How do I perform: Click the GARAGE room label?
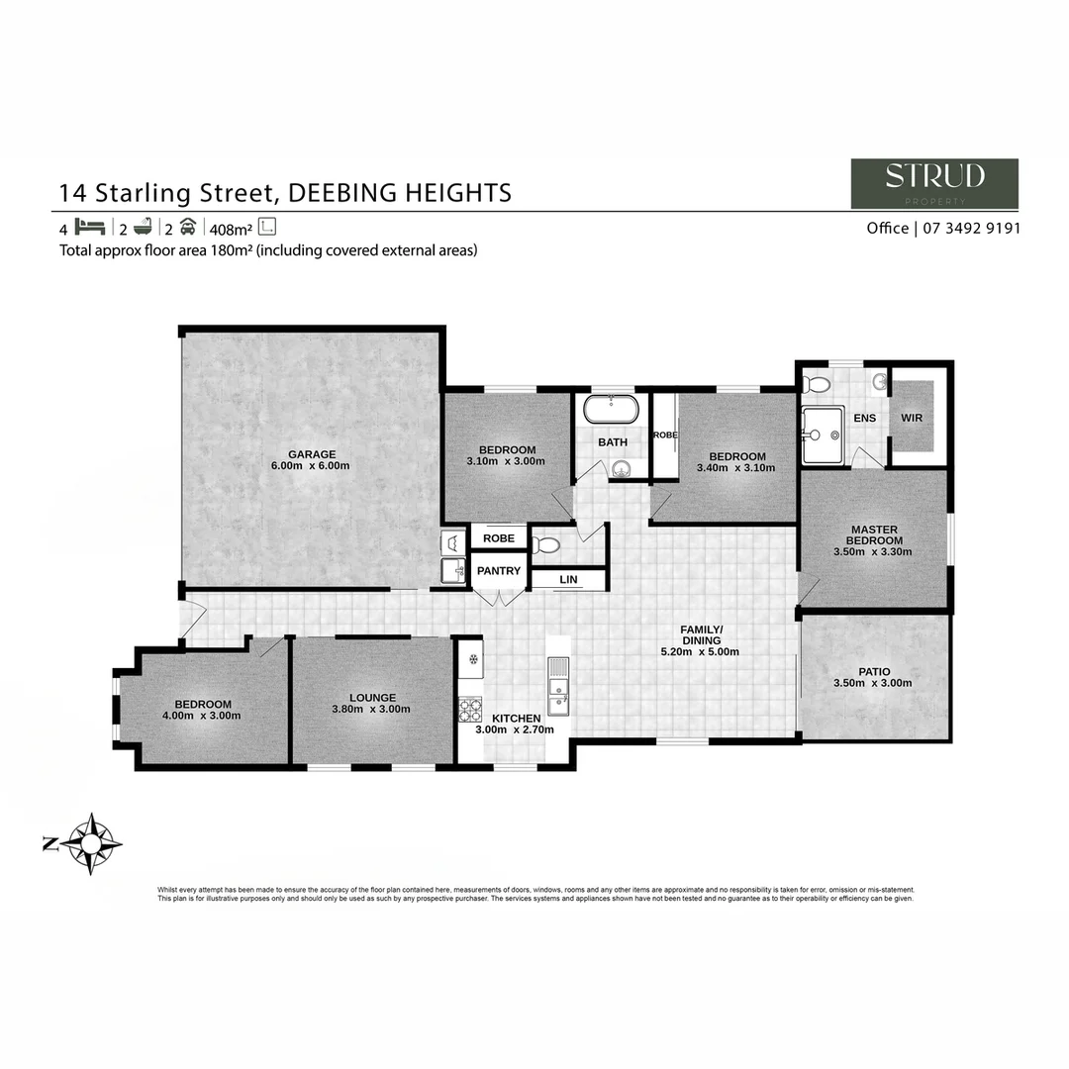coord(312,454)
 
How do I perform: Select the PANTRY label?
coord(498,571)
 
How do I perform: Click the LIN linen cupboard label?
coord(568,580)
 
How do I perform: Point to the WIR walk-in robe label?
coord(912,418)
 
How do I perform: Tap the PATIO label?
coord(874,672)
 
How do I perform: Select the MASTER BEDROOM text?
coord(874,535)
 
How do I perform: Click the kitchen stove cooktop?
coord(469,710)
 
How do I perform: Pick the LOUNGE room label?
coord(372,698)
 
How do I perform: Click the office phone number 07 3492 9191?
coord(968,228)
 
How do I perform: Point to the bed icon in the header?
coord(89,227)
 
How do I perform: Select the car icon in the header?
coord(188,227)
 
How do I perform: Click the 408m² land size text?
coord(230,228)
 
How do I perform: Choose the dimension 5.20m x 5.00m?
coord(700,652)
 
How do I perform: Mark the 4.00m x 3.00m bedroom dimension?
coord(203,716)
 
